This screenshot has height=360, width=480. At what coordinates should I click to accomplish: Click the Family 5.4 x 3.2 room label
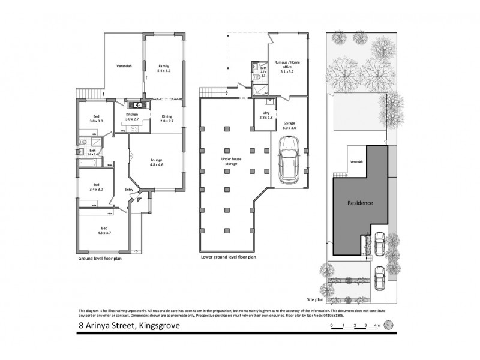click(164, 68)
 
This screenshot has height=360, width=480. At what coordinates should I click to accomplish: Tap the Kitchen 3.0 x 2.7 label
click(132, 116)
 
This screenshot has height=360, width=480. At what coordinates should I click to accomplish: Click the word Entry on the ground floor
click(128, 190)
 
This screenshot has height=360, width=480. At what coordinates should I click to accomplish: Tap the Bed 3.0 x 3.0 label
click(96, 119)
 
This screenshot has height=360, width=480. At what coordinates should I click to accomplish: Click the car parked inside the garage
click(288, 162)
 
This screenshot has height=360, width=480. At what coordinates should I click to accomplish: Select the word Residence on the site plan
click(360, 203)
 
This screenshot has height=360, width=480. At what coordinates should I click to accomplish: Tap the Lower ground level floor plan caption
click(228, 257)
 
